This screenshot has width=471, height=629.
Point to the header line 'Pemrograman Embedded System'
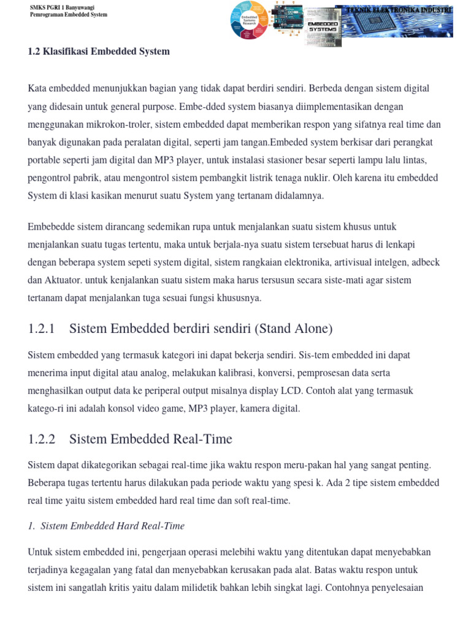click(x=69, y=15)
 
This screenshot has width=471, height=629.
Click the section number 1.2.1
click(x=42, y=329)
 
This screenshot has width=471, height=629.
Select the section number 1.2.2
click(x=42, y=439)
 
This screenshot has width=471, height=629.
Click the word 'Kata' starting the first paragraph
click(x=38, y=88)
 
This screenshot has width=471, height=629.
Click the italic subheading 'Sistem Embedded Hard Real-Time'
click(x=112, y=526)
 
